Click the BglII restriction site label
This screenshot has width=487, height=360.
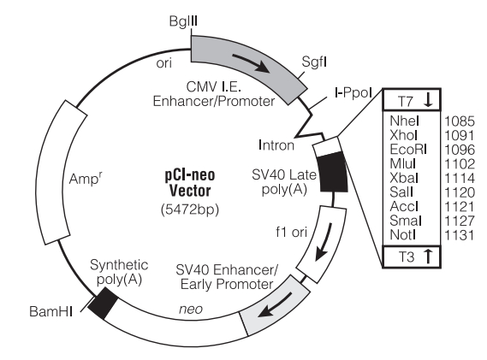pos(183,21)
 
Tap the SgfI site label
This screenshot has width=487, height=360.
pos(314,62)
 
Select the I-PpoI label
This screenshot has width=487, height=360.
pos(353,92)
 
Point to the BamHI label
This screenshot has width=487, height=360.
pos(51,311)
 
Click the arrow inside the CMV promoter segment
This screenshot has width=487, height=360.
pos(251,63)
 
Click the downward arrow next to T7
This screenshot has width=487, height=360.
pos(428,100)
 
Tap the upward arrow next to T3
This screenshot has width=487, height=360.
pos(428,257)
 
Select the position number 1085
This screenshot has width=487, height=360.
pos(460,121)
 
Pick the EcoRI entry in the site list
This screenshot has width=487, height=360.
pos(408,150)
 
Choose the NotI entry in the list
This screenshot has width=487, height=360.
pos(402,235)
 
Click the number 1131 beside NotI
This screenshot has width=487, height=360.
pos(460,235)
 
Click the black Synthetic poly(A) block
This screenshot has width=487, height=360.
pos(103,304)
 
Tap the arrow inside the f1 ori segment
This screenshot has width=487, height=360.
pos(324,242)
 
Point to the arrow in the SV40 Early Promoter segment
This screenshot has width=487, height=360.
pos(275,305)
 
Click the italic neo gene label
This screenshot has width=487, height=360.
pos(191,309)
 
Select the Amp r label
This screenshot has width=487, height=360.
pos(86,178)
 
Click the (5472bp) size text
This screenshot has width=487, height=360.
pos(190,210)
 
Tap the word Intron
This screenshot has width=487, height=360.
pos(276,145)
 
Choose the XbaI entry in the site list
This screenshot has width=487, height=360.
pos(404,178)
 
